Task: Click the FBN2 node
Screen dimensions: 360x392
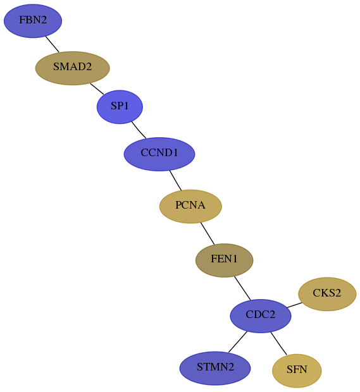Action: point(33,21)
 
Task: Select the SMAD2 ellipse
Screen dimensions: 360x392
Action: point(73,68)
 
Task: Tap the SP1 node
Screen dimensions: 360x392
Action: point(120,107)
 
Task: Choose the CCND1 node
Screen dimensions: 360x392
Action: point(159,154)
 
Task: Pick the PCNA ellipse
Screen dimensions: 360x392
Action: point(190,207)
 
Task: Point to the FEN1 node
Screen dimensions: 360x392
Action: point(225,260)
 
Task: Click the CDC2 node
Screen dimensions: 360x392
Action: point(261,316)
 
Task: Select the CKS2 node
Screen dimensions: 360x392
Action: point(327,294)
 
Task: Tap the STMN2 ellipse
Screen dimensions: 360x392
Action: point(215,369)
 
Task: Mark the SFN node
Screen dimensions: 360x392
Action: point(297,371)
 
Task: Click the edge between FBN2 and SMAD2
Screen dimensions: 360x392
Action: point(53,44)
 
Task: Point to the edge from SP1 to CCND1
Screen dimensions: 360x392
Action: point(139,130)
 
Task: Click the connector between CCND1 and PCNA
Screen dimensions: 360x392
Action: point(175,180)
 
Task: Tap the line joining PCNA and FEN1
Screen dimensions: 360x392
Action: point(208,233)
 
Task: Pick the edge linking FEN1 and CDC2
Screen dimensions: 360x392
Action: point(242,288)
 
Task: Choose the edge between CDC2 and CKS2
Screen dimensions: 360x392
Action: point(294,305)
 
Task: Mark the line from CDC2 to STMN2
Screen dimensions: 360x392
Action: point(238,342)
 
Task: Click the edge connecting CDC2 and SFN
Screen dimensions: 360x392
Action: point(278,343)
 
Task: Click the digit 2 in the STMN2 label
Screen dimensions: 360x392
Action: point(231,367)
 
